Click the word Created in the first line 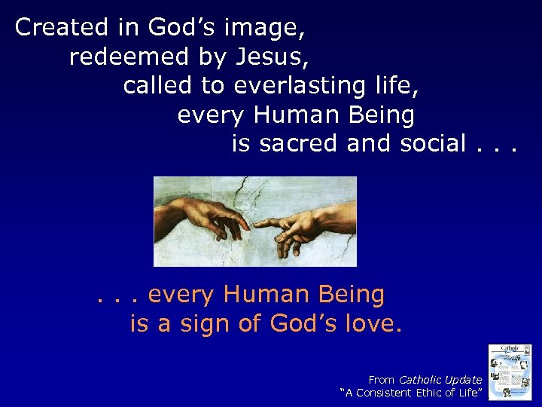[62, 28]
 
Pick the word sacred [299, 142]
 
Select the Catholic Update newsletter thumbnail [510, 372]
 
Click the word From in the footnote [382, 380]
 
